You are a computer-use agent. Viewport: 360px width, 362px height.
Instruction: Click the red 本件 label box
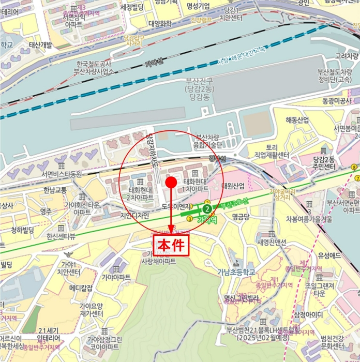171,245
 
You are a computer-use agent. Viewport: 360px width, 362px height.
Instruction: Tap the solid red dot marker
171,182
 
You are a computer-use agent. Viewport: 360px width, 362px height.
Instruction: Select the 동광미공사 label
336,100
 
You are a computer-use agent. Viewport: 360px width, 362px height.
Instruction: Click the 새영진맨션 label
272,242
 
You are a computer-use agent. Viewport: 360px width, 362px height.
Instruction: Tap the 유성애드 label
329,255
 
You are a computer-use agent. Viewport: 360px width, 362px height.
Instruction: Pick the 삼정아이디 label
308,315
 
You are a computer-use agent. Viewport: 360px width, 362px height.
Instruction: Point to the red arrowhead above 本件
171,230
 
